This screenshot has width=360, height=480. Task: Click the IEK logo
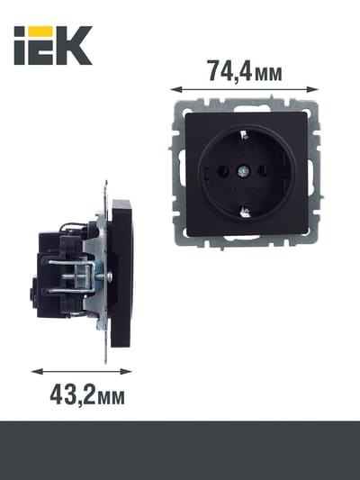pyautogui.click(x=53, y=45)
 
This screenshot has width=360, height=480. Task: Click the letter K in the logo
pyautogui.click(x=74, y=45)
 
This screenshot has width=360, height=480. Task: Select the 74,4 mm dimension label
pyautogui.click(x=245, y=71)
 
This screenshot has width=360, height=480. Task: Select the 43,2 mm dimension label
pyautogui.click(x=87, y=395)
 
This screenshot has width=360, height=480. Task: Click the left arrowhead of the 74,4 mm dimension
pyautogui.click(x=176, y=89)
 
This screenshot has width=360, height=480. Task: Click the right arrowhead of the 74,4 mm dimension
pyautogui.click(x=312, y=89)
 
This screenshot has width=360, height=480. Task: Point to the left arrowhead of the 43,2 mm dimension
pyautogui.click(x=37, y=372)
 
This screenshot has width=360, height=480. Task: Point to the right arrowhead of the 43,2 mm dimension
pyautogui.click(x=126, y=372)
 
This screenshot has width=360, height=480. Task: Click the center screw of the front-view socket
pyautogui.click(x=243, y=171)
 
